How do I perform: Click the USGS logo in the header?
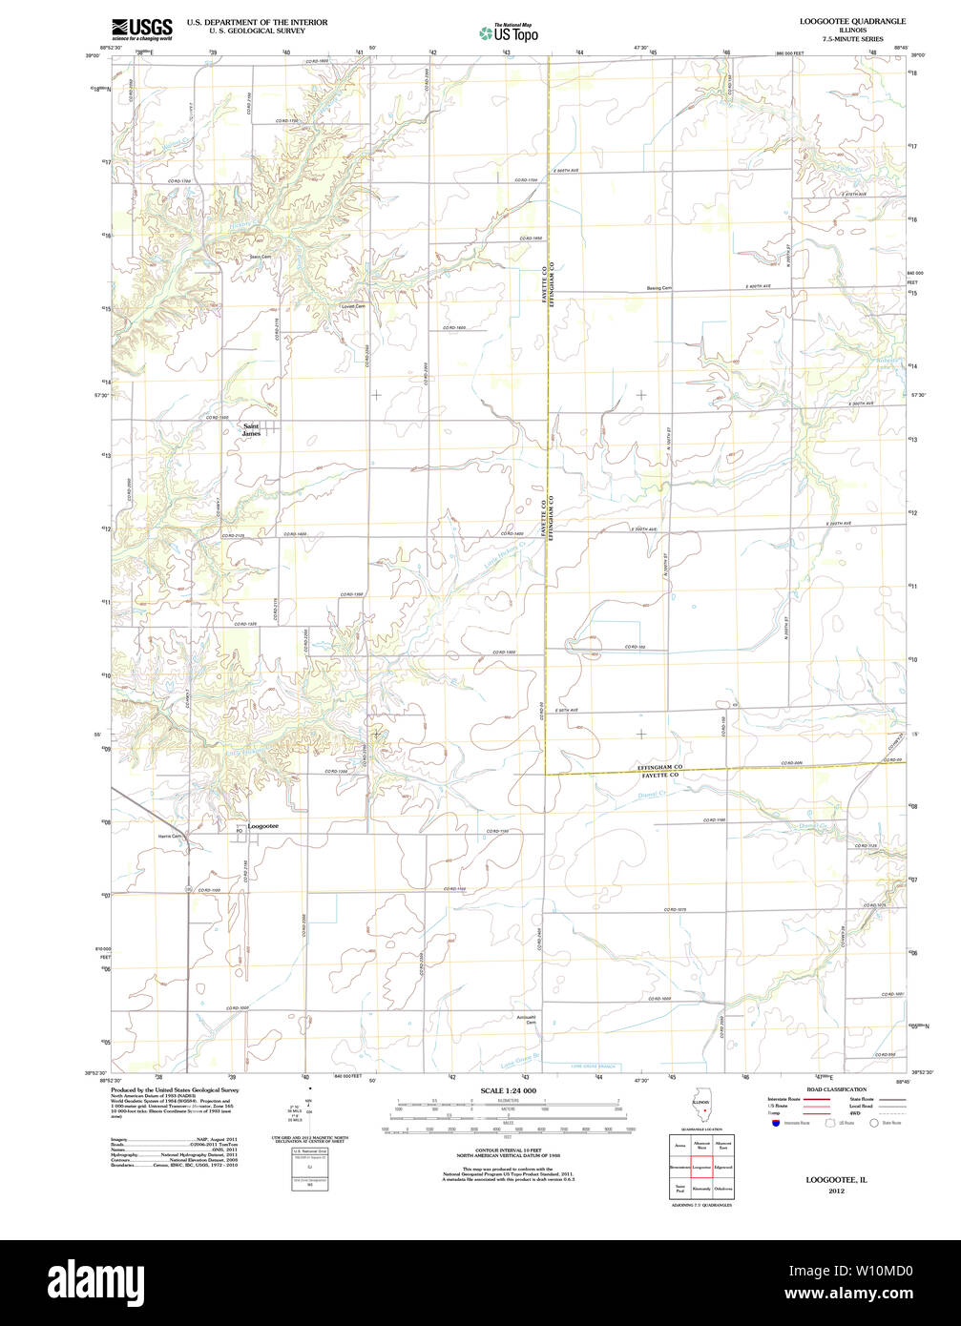tap(141, 29)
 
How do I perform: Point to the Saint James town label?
tap(251, 430)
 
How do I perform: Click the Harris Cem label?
tap(170, 836)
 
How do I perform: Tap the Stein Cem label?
tap(261, 257)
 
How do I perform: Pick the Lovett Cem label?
tap(353, 306)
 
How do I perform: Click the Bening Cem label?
tap(659, 288)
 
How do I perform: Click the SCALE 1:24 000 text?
tap(508, 1090)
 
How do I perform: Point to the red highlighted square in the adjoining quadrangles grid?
tap(701, 1166)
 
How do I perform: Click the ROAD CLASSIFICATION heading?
tap(837, 1089)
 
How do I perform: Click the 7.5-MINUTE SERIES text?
tap(851, 39)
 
